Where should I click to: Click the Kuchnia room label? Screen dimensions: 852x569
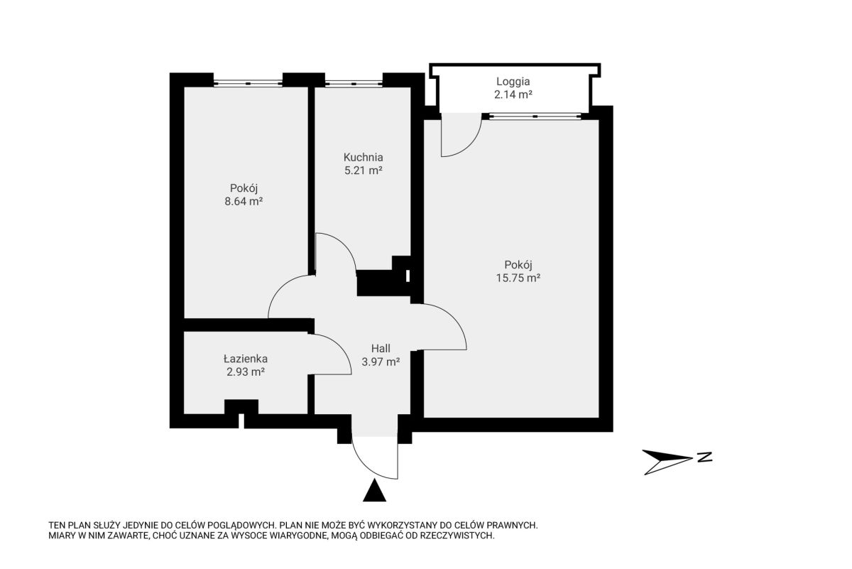click(x=364, y=157)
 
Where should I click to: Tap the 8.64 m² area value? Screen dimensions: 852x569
click(x=244, y=201)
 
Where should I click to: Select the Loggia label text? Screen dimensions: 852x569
click(x=513, y=82)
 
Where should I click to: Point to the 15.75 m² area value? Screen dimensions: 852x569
click(x=518, y=278)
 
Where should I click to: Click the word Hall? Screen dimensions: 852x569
click(x=381, y=348)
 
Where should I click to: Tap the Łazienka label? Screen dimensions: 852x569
click(x=246, y=359)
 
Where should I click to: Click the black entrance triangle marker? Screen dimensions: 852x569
click(x=375, y=491)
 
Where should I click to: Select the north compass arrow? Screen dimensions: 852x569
click(x=667, y=462)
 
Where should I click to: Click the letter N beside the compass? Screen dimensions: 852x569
click(x=705, y=457)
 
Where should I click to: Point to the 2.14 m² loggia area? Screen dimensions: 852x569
click(x=513, y=94)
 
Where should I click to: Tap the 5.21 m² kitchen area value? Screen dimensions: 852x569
click(x=364, y=170)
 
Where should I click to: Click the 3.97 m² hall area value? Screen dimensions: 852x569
click(x=381, y=362)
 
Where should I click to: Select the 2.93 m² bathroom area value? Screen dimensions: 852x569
click(x=246, y=372)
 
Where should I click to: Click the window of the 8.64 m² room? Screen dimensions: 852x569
click(x=248, y=83)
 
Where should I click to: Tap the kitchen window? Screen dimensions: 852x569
click(x=354, y=84)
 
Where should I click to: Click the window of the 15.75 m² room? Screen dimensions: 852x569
click(x=535, y=116)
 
